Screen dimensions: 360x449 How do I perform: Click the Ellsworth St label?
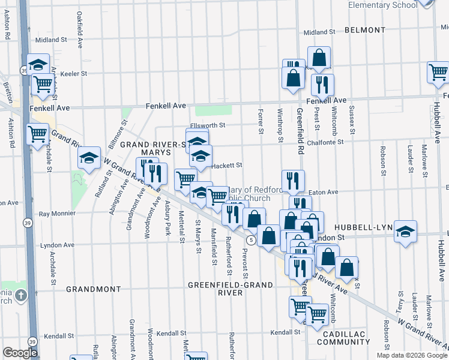tap(207, 125)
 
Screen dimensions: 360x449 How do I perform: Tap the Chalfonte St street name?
tap(324, 142)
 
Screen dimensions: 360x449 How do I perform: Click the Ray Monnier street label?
tap(57, 214)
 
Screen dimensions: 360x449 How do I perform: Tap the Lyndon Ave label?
tap(57, 245)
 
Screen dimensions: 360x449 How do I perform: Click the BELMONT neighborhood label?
tap(365, 30)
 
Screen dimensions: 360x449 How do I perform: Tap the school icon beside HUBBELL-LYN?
tap(406, 232)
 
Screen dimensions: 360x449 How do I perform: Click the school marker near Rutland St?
tap(89, 158)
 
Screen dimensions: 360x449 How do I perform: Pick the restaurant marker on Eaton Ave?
tap(293, 181)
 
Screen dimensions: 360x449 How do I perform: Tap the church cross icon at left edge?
tap(21, 295)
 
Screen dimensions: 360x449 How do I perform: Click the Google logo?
tap(20, 353)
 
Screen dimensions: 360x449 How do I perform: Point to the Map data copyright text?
tap(412, 355)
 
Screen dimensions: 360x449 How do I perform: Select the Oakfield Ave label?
tap(79, 24)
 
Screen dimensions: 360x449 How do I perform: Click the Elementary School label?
tap(382, 5)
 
